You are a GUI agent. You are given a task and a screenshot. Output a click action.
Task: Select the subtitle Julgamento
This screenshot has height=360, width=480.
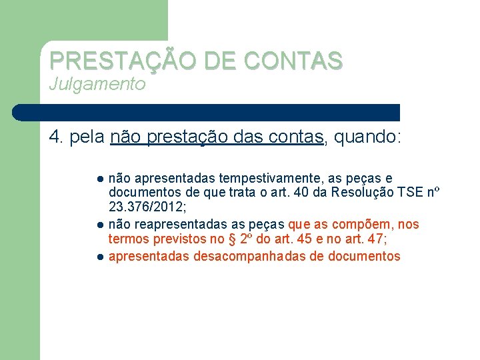[97, 84]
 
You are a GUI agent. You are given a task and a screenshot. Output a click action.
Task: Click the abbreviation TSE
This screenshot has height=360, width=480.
[408, 193]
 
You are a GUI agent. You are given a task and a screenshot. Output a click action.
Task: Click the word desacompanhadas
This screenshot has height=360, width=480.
[250, 256]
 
